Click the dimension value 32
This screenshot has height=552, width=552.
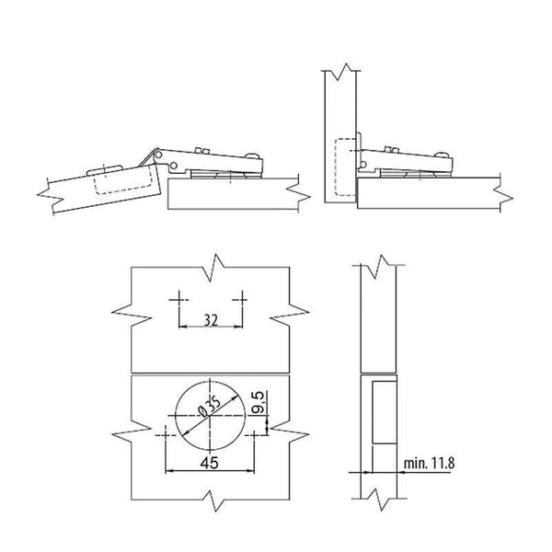[x=210, y=321]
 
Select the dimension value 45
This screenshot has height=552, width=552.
[x=209, y=466]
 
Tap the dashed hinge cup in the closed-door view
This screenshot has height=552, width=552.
[x=343, y=167]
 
